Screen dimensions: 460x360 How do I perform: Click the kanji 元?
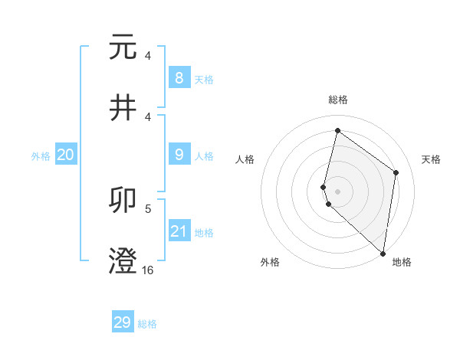point(123,47)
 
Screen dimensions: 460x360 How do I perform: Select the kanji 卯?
point(123,200)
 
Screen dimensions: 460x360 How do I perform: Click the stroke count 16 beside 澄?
point(147,270)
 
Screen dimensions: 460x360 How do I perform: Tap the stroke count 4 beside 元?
point(148,56)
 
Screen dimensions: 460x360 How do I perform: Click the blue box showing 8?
point(179,78)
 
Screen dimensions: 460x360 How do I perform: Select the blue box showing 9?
point(179,155)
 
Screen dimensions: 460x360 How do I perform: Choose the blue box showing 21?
point(179,231)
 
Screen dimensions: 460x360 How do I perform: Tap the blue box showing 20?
point(66,155)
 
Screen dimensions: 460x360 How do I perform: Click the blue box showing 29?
point(123,322)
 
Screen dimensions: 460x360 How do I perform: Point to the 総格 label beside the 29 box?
point(148,324)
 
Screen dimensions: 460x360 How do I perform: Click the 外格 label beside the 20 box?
point(41,156)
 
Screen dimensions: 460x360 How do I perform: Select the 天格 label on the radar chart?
point(431,159)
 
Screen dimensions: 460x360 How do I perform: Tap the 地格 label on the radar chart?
point(402,262)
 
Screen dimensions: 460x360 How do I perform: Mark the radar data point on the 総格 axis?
point(337,130)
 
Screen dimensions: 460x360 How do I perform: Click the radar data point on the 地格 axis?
point(383,254)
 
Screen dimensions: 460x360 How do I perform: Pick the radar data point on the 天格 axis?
point(396,172)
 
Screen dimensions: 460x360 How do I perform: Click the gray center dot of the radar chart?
point(337,191)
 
